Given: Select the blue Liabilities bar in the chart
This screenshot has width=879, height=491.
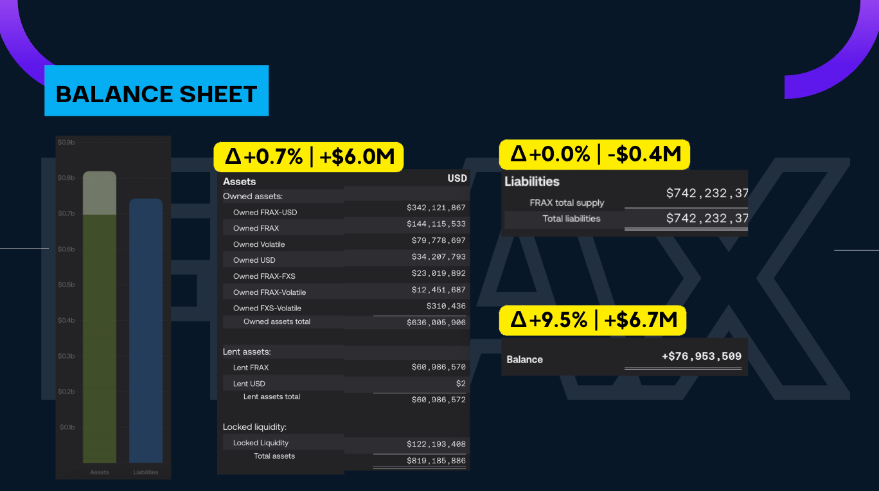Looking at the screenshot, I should tap(146, 331).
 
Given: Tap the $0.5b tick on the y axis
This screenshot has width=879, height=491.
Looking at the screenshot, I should tap(66, 285).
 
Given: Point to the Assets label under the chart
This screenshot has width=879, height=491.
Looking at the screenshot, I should tap(100, 472).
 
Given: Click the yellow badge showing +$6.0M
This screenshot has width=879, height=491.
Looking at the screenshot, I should tap(308, 156).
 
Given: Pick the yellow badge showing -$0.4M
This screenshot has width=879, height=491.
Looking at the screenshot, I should tap(594, 154).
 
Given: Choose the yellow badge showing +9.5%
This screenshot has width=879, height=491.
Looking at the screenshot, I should tap(592, 320).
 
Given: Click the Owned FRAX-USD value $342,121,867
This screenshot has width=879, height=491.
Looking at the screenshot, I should tap(436, 208).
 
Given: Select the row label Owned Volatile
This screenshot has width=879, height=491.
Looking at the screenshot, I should tap(259, 244).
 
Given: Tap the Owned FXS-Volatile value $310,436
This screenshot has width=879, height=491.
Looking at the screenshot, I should tap(446, 306).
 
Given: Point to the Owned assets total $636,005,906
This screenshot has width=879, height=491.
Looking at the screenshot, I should tap(436, 323).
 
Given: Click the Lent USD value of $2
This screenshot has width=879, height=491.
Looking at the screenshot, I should tap(461, 384).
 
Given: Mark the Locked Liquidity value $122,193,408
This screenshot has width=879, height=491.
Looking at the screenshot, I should tap(436, 444).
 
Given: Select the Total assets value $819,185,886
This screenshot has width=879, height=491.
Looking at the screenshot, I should tap(436, 461).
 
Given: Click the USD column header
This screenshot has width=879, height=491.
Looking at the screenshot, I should tap(457, 178).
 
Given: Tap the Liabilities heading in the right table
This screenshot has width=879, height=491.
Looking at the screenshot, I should tap(532, 182).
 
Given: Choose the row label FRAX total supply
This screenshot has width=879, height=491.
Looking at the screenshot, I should tap(567, 202).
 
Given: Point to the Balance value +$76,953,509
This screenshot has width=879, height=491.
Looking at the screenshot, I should tap(701, 357).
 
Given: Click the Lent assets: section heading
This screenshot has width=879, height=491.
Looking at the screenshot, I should tap(247, 352).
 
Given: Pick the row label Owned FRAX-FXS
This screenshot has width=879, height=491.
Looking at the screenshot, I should tap(264, 276).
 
